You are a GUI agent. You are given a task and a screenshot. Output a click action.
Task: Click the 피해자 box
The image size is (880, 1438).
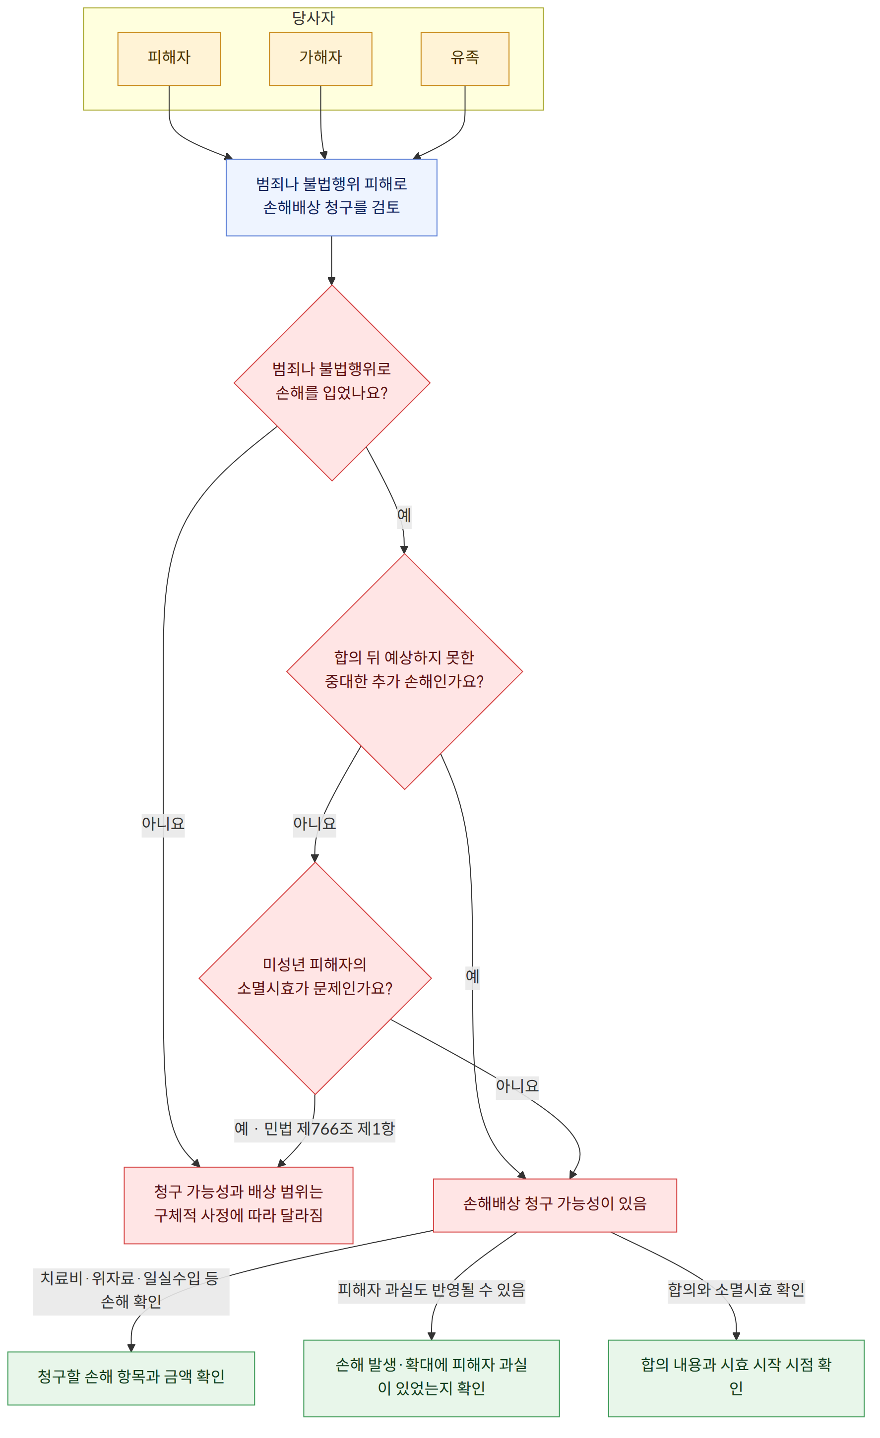(169, 59)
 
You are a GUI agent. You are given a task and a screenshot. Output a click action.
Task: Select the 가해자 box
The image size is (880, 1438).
(320, 59)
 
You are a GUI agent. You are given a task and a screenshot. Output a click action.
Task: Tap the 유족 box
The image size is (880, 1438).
(465, 59)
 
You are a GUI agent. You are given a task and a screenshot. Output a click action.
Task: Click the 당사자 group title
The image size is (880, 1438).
(314, 18)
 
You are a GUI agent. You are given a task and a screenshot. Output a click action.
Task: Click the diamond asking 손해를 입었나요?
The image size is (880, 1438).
(332, 383)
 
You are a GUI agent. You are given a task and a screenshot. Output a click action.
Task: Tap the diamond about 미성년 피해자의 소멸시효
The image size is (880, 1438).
(315, 978)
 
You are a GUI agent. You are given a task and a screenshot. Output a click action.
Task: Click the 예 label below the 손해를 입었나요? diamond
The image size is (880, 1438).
(404, 515)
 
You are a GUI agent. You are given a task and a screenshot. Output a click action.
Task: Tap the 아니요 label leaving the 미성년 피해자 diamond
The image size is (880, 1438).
(517, 1085)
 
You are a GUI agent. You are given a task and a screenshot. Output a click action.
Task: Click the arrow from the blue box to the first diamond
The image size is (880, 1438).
(332, 260)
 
